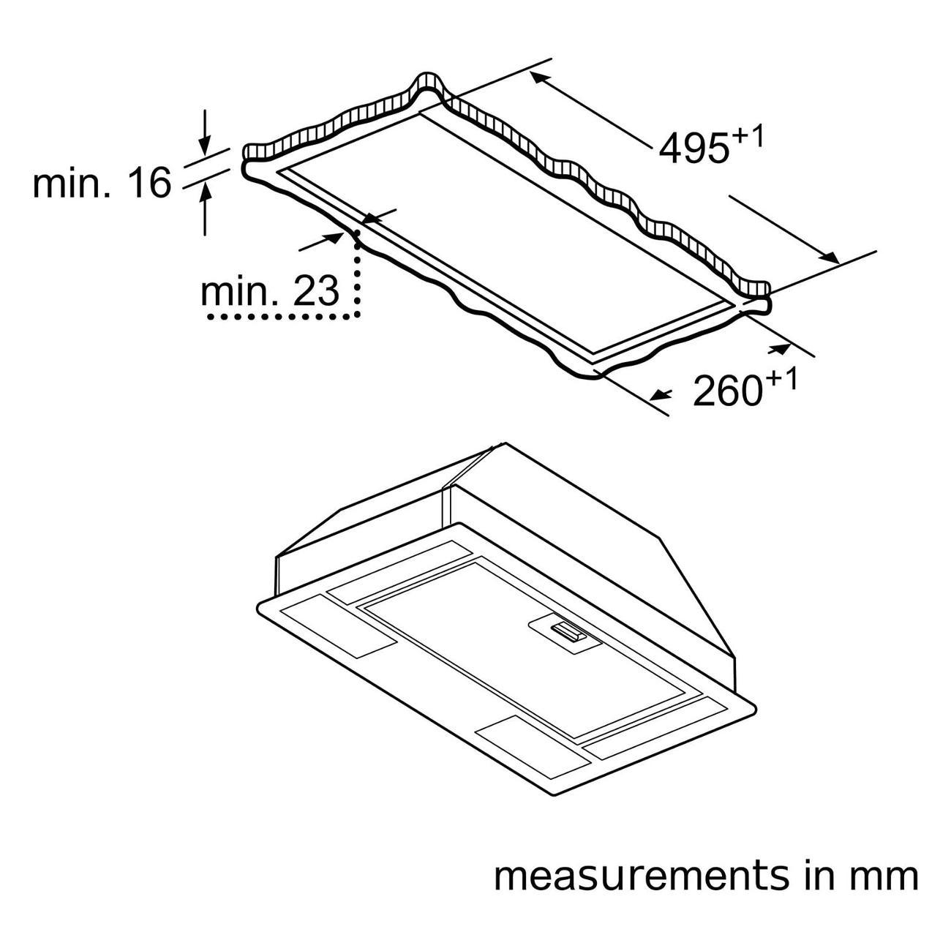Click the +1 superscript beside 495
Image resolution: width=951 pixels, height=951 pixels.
tap(747, 136)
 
